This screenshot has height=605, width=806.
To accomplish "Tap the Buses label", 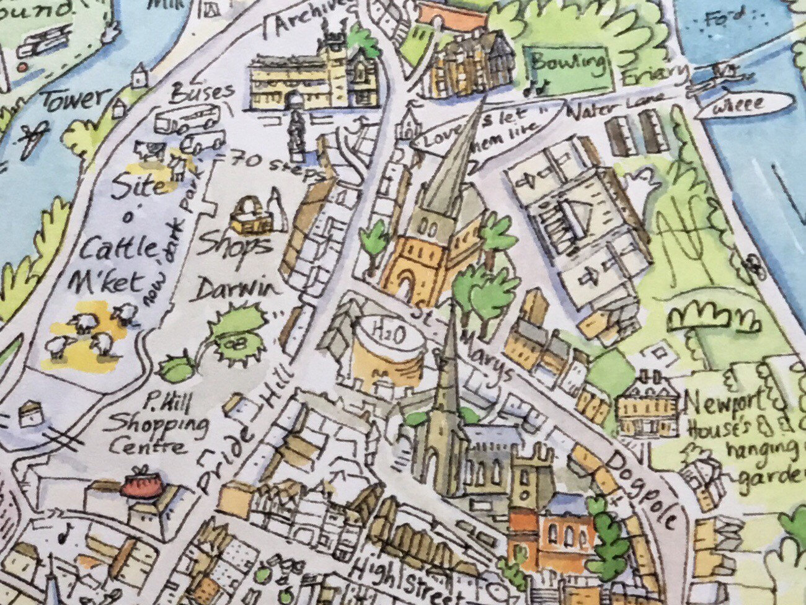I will (203, 94).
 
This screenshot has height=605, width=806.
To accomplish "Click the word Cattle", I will (120, 250).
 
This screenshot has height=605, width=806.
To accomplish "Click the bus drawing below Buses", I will (187, 118).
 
